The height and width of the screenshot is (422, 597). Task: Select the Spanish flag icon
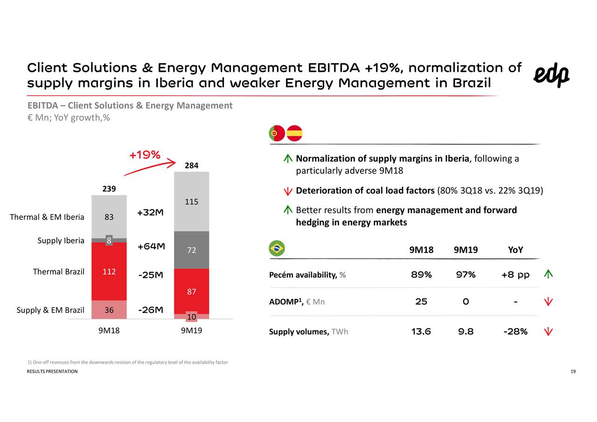tap(294, 133)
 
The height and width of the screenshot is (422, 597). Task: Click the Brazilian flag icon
tap(277, 249)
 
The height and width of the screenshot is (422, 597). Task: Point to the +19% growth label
tap(145, 155)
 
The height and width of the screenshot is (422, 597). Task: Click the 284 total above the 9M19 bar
tap(192, 166)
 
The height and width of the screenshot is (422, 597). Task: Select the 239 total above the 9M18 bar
tap(109, 189)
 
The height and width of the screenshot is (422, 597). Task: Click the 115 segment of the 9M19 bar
tap(192, 202)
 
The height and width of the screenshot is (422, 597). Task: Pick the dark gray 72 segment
tap(192, 250)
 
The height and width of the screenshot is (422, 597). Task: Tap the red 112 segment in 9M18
tap(109, 271)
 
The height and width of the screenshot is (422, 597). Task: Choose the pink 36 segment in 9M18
tap(109, 310)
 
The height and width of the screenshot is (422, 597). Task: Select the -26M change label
tap(151, 310)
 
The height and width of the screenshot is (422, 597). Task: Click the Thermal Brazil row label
tap(58, 271)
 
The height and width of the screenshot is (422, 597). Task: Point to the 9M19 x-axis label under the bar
tap(192, 332)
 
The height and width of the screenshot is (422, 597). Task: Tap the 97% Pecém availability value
tap(465, 275)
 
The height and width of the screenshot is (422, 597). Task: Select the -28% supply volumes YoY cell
tap(515, 332)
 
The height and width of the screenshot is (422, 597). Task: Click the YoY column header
tap(515, 250)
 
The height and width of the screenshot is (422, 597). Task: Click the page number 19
tap(573, 371)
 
